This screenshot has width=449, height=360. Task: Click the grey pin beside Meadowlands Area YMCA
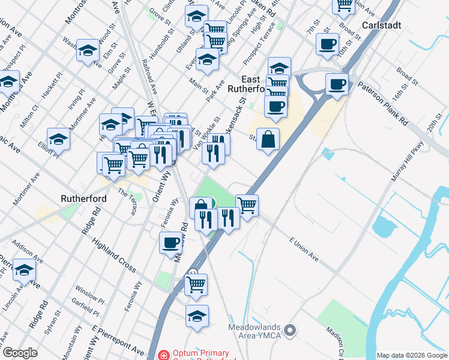tap(290, 330)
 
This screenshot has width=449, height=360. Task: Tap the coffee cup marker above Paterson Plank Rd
tap(337, 84)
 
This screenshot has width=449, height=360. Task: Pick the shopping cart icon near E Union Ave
tap(247, 205)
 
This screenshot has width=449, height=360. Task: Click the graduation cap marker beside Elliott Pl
tap(58, 139)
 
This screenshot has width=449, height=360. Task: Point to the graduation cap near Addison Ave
tap(24, 271)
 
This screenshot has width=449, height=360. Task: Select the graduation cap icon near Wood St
tap(88, 50)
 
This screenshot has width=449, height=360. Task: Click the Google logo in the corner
tap(20, 353)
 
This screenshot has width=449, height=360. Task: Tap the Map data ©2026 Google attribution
tap(412, 355)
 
